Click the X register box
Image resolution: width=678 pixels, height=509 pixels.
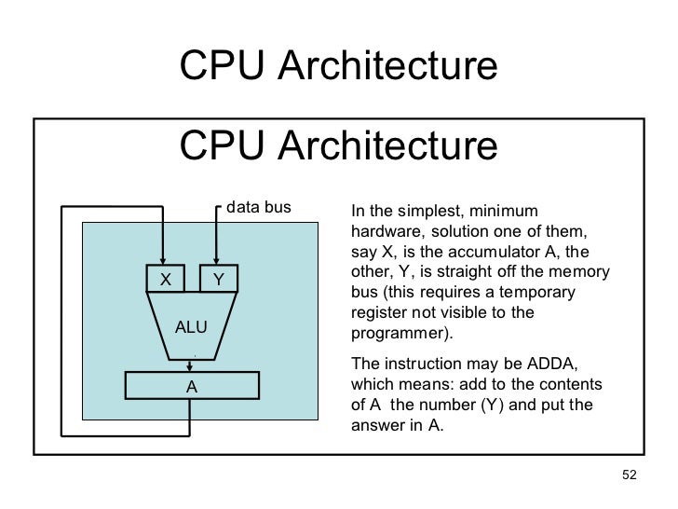[165, 279]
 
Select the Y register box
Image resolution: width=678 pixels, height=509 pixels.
[218, 279]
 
